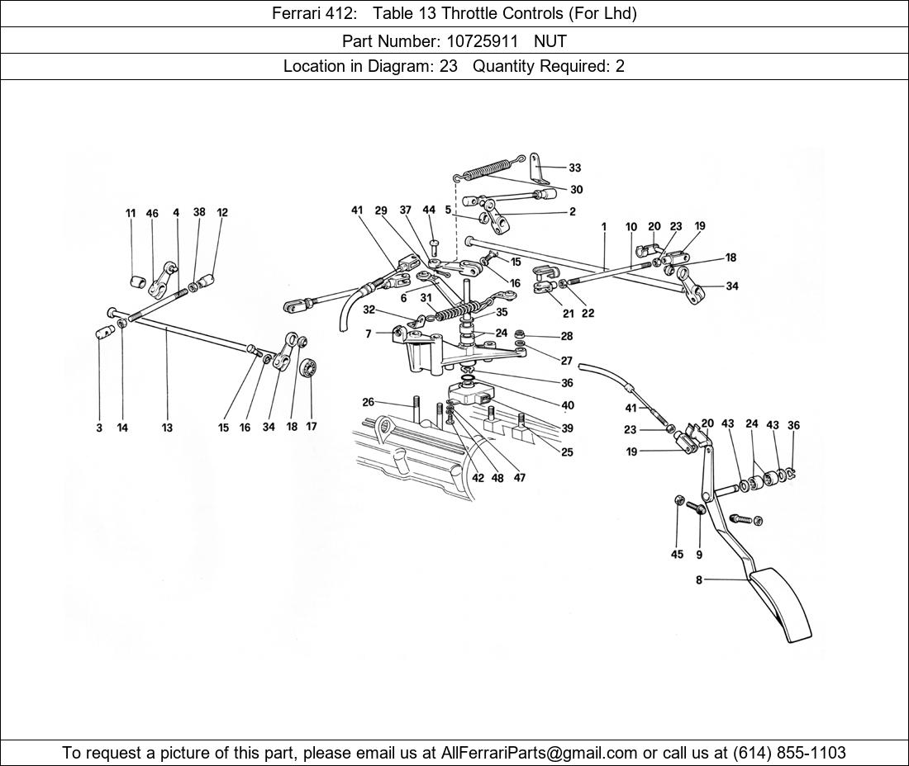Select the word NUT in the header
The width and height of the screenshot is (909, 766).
click(x=550, y=40)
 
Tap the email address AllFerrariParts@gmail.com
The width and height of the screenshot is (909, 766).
click(x=540, y=753)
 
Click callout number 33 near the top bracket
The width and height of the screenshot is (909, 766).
click(x=574, y=168)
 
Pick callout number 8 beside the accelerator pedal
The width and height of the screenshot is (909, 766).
click(x=699, y=580)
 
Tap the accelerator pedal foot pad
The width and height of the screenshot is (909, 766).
click(x=782, y=603)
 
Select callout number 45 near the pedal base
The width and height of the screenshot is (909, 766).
click(x=677, y=555)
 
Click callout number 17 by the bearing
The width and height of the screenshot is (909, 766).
click(x=312, y=427)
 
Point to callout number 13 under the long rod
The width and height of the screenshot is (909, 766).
click(x=167, y=428)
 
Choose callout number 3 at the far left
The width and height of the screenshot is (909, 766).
click(x=99, y=428)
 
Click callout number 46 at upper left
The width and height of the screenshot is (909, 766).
click(x=152, y=213)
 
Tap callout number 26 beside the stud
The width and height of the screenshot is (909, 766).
click(x=368, y=402)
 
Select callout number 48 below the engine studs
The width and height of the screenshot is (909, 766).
click(x=497, y=478)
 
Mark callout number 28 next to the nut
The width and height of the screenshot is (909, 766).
click(x=567, y=337)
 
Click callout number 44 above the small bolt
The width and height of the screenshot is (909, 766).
click(x=429, y=210)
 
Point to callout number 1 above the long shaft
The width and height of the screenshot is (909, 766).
click(x=604, y=226)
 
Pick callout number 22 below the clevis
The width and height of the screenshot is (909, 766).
click(x=588, y=313)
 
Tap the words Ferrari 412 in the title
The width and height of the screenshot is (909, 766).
click(x=306, y=13)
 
